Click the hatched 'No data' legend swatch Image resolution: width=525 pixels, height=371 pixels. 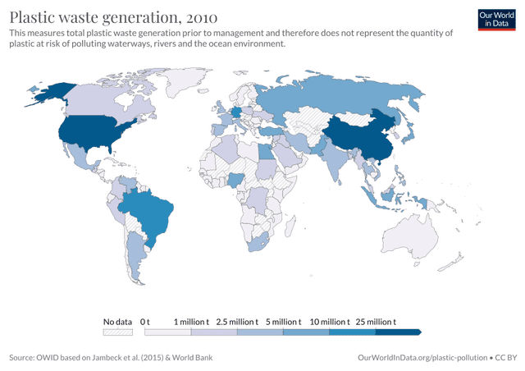coord(117,332)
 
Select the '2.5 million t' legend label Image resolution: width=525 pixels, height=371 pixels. coord(237,322)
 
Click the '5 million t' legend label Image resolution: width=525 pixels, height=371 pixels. coord(283,322)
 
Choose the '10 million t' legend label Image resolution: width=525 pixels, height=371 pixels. coord(329,322)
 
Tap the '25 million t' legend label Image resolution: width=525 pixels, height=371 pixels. coord(375,322)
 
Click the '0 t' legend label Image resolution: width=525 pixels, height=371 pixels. coord(146,322)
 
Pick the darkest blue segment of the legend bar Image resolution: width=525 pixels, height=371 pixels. coord(398,332)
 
